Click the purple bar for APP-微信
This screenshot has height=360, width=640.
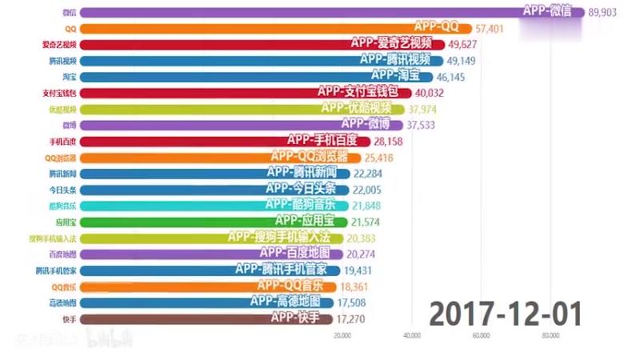pos(320,12)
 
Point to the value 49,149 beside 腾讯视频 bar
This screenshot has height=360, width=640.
pos(459,61)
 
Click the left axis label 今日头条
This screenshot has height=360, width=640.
pos(62,190)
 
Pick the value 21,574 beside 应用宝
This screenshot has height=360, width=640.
pos(371,222)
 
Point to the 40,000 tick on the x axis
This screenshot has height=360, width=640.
pos(412,337)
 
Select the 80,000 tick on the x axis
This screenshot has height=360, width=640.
pos(550,337)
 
